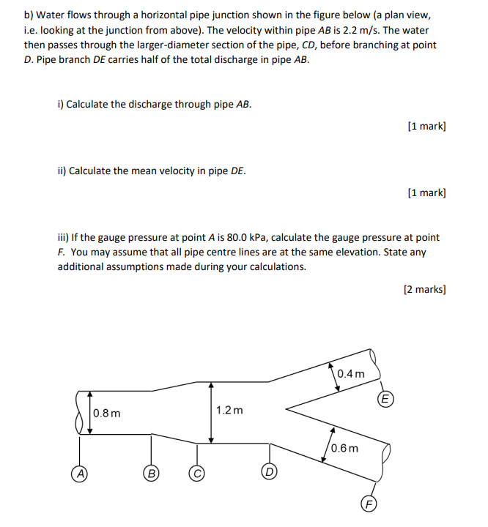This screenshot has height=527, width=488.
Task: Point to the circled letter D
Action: (x=269, y=472)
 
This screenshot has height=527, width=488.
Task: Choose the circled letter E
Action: (x=385, y=399)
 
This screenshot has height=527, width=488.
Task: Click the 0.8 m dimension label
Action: (x=108, y=414)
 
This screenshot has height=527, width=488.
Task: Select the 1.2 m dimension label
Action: (x=229, y=410)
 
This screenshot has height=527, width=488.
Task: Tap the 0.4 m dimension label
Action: (x=351, y=374)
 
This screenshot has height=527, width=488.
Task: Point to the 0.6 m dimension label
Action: (x=345, y=448)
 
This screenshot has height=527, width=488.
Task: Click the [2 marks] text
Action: (x=425, y=289)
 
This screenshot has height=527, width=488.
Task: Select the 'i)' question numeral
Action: (x=61, y=104)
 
